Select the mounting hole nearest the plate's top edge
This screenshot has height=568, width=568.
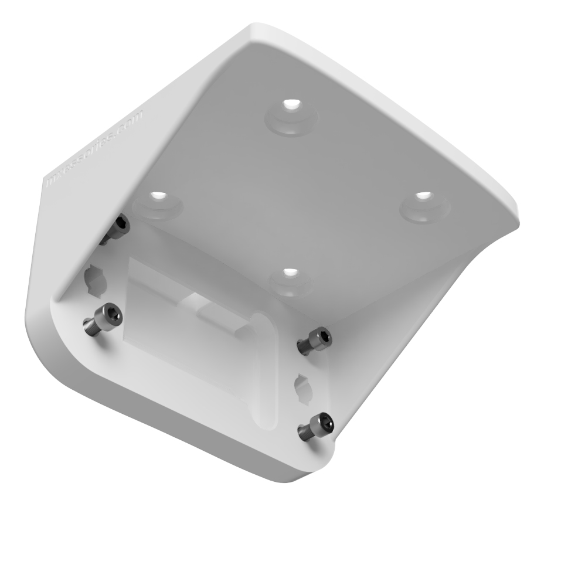coord(290,107)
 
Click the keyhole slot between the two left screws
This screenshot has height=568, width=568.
coord(95,277)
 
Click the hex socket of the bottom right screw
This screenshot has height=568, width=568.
coord(323,421)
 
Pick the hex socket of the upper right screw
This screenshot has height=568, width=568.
coord(322,337)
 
